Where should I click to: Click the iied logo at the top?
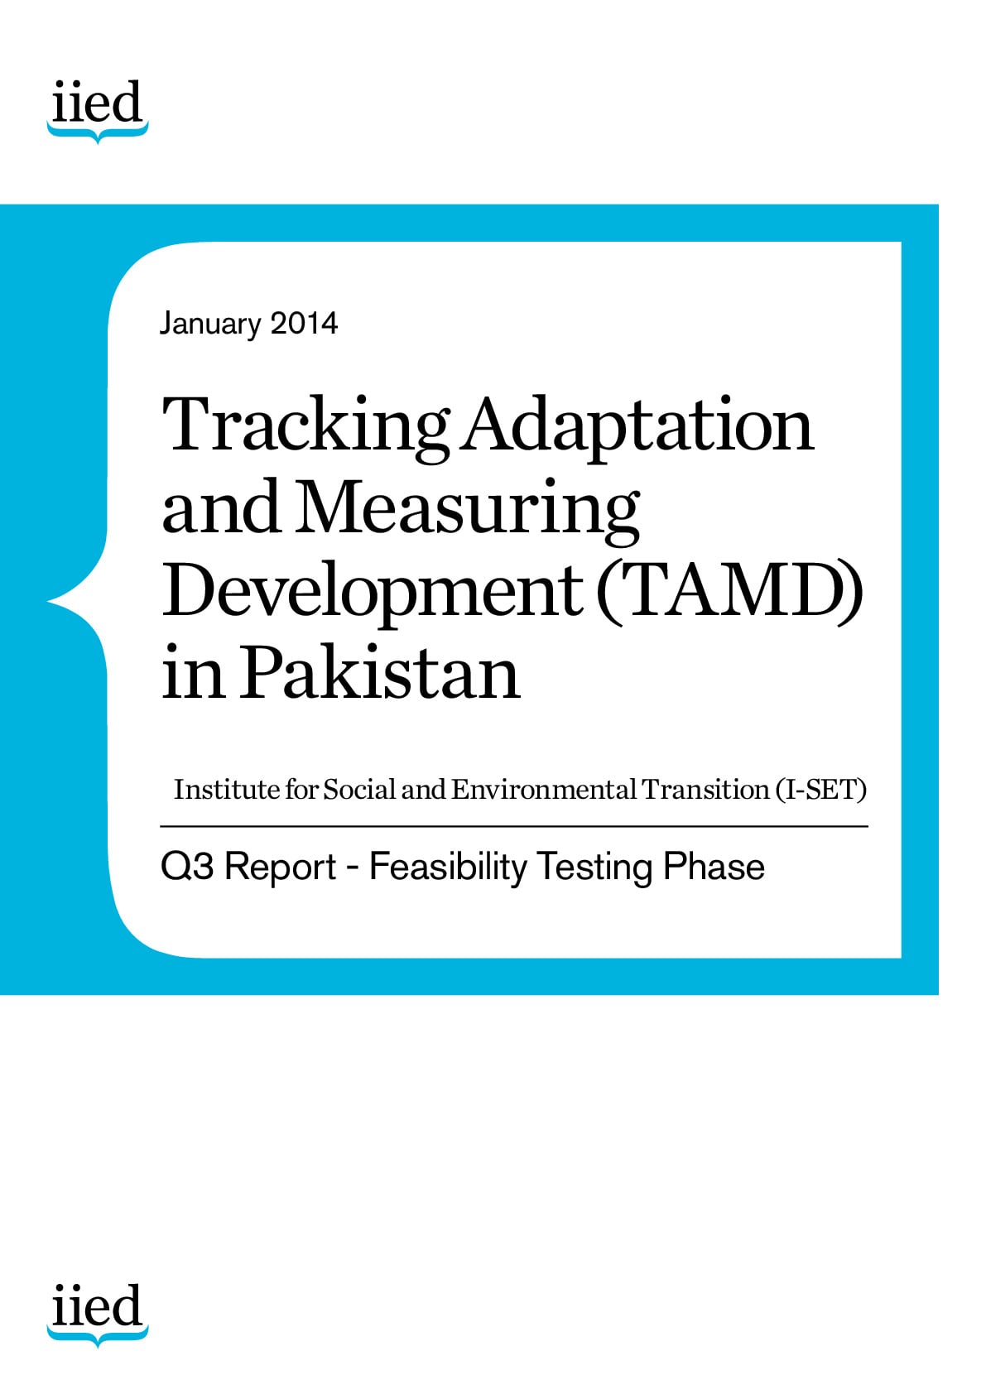[98, 112]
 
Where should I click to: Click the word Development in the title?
[373, 594]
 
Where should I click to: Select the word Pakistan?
[380, 672]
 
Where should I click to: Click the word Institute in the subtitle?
[227, 790]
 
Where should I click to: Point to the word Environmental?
[543, 790]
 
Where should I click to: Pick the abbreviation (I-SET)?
[821, 790]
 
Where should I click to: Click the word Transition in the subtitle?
[706, 790]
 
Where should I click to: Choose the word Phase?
[714, 866]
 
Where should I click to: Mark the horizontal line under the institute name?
[514, 826]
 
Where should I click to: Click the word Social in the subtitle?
[360, 790]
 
